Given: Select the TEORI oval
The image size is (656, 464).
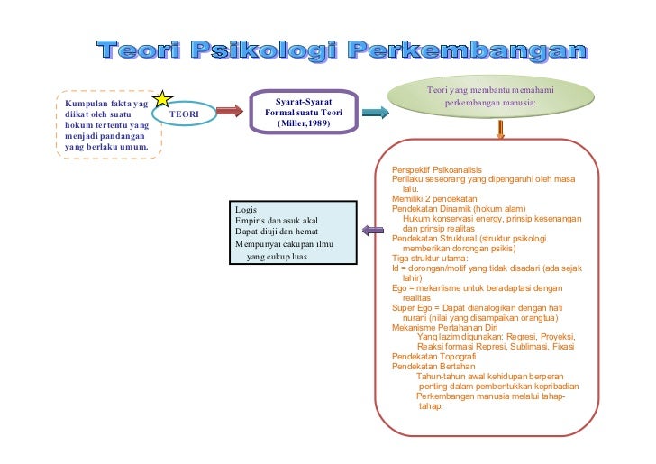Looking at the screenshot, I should coord(184,114).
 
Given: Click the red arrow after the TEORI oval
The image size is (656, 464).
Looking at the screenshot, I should coord(230,111).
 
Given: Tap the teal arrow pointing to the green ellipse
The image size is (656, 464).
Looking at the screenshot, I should coord(375,112).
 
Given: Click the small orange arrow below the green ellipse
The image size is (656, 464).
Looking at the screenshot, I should coord(501,132).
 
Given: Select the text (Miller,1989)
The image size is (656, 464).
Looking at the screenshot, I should coord(304,123).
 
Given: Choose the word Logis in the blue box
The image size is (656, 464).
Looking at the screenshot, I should coord(245,210).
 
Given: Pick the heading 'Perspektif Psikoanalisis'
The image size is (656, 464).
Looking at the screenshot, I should coord(437,170).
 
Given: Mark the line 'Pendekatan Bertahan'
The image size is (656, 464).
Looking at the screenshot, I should coord(430,367).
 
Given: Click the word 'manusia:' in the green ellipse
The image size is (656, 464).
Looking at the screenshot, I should coord(517,103).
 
